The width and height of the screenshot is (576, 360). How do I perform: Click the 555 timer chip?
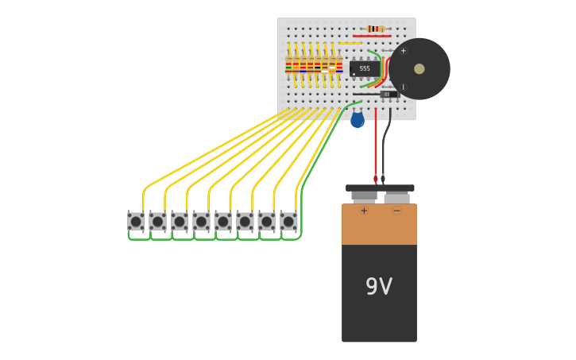coord(364,68)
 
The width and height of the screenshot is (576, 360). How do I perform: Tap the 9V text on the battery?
coord(379,286)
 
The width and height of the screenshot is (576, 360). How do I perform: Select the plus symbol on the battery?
coord(364,211)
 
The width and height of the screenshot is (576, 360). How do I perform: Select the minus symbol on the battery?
coord(396,211)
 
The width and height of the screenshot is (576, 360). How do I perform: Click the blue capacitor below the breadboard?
coord(358,120)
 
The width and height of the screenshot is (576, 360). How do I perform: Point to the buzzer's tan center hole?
coord(419,69)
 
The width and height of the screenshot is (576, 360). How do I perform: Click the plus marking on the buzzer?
coord(403,51)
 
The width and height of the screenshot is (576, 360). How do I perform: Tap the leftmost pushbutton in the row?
coord(136,221)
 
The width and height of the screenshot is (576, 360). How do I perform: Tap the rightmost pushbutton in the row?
coord(288,221)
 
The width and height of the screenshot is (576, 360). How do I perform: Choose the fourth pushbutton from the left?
coord(201,221)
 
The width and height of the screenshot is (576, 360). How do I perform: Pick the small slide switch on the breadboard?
coord(388,94)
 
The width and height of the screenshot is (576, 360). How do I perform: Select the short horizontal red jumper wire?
coord(372,36)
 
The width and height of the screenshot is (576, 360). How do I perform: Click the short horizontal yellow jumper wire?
coord(350,43)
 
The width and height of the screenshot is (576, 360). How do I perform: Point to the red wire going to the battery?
coord(376,143)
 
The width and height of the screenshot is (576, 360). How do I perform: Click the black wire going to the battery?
coord(384,143)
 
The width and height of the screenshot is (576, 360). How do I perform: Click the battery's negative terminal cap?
coord(396,196)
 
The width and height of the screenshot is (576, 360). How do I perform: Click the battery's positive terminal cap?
coord(364,195)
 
